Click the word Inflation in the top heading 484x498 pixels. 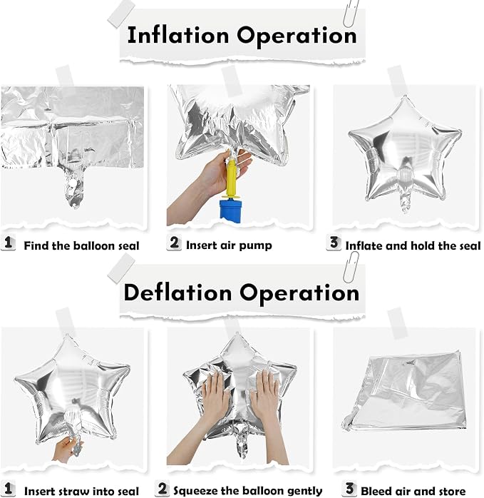pos(177,35)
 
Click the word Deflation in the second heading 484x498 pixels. pos(177,293)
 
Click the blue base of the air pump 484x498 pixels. pos(231,210)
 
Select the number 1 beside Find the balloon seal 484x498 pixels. pos(9,243)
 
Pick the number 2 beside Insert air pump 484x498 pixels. pos(174,243)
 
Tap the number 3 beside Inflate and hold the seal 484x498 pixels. pos(334,243)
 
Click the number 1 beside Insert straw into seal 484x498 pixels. pos(9,489)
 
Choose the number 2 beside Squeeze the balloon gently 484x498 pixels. pos(163,489)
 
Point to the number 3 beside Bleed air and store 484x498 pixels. pos(349,489)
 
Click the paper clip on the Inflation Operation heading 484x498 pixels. pos(351,13)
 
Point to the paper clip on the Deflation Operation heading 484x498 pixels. pos(351,268)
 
